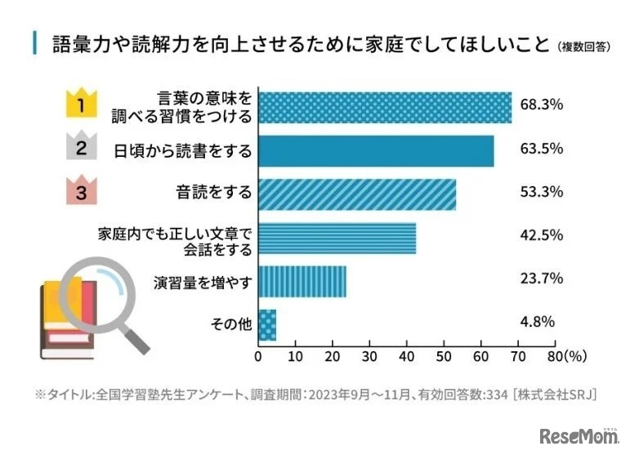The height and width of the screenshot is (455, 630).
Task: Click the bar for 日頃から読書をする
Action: pyautogui.click(x=376, y=151)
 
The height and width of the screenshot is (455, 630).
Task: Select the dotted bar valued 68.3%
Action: pyautogui.click(x=385, y=107)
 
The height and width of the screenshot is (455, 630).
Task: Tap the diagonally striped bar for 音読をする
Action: pyautogui.click(x=357, y=194)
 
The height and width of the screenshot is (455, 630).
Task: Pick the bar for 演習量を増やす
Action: pyautogui.click(x=302, y=282)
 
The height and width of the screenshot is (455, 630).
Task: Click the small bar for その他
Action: pyautogui.click(x=267, y=325)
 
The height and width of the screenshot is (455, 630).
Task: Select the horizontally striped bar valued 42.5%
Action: pyautogui.click(x=337, y=239)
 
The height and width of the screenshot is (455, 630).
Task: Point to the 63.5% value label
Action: pyautogui.click(x=541, y=150)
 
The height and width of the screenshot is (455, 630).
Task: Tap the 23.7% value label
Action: pyautogui.click(x=541, y=279)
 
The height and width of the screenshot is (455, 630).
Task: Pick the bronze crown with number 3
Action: pyautogui.click(x=81, y=192)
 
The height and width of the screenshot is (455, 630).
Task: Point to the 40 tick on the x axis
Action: pyautogui.click(x=407, y=357)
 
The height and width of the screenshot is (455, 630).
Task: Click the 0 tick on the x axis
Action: pyautogui.click(x=258, y=357)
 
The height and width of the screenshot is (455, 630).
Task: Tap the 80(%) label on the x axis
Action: pyautogui.click(x=562, y=357)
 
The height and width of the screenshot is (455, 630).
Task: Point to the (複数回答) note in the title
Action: pyautogui.click(x=583, y=46)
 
